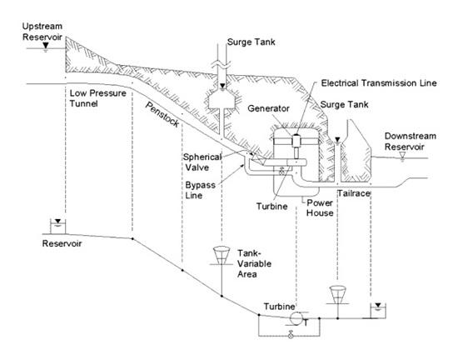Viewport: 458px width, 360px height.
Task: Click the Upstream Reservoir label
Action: (x=25, y=32)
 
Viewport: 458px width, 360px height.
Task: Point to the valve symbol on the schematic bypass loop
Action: (x=287, y=336)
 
